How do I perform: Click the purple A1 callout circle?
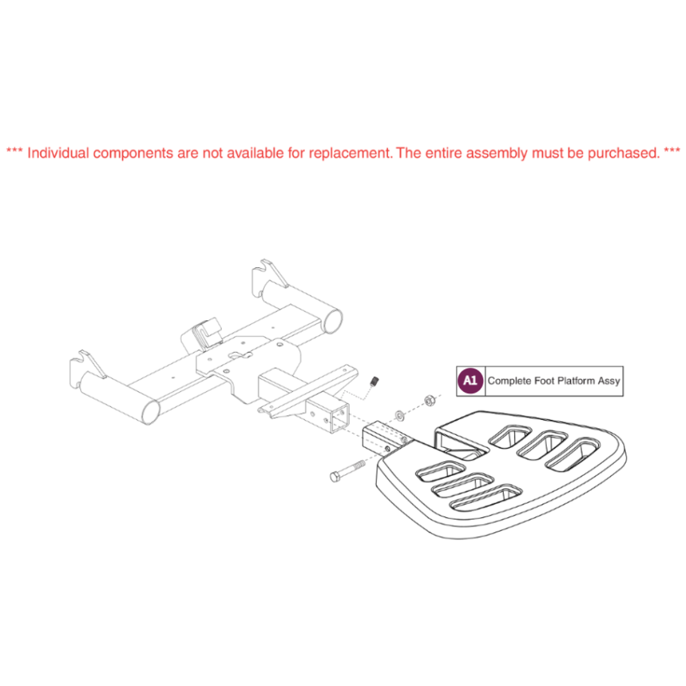470,380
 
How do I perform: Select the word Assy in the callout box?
609,382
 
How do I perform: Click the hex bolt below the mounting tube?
347,471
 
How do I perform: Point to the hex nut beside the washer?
429,400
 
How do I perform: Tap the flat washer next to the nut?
400,415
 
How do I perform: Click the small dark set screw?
374,381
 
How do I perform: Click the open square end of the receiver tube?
339,419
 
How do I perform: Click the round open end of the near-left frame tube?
151,411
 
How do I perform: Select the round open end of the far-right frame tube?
332,321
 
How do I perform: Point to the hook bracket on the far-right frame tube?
269,276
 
